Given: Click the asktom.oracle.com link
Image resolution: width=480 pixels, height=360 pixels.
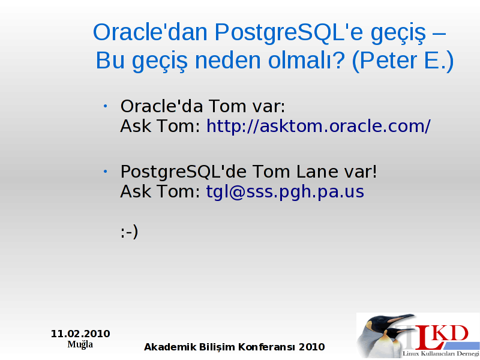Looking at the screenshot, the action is coord(319,126).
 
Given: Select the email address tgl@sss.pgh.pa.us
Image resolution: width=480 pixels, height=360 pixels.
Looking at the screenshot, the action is coord(285,191).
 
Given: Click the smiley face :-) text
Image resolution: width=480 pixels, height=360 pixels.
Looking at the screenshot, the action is coord(129,232).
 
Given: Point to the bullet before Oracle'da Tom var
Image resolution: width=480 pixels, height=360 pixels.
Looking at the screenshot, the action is coord(105,106).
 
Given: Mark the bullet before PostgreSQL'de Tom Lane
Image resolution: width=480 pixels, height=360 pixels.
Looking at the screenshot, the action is coord(105,172).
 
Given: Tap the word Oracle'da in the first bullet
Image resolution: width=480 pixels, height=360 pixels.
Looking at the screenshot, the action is coord(161,106).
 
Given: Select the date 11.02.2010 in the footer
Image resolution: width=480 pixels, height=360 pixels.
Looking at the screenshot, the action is coord(80,334).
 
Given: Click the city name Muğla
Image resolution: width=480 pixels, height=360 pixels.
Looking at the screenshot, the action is coord(80,344).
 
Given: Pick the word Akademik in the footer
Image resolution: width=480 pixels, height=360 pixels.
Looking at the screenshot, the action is coord(170,347).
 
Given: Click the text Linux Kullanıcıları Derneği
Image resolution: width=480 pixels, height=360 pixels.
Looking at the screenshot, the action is coord(441,354).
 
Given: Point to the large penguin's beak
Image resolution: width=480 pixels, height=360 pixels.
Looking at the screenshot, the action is coord(401,319).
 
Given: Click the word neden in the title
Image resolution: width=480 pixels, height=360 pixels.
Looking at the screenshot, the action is coord(228,61).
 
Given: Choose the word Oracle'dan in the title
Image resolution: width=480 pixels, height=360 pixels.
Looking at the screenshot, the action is coord(151,32).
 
